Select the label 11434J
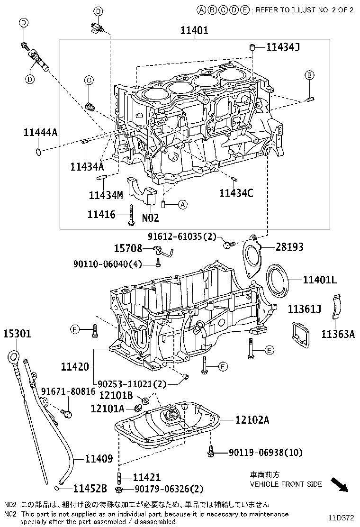[x=283, y=46]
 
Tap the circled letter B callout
[x=309, y=75]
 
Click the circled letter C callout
[x=88, y=81]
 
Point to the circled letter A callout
[x=183, y=205]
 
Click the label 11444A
[x=40, y=133]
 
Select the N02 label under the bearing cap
[x=150, y=218]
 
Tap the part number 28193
[x=289, y=247]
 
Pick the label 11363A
[x=338, y=334]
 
